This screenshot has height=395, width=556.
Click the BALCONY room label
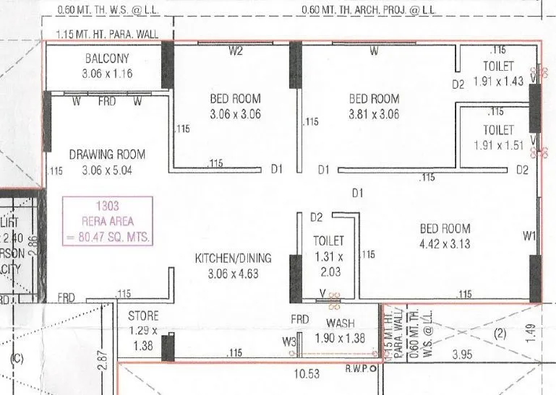106,59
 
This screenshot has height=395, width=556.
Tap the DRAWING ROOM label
107,154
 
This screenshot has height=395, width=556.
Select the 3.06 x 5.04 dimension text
107,170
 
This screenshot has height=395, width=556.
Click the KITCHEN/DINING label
233,259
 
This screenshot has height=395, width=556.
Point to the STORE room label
143,316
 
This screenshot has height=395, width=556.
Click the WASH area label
340,323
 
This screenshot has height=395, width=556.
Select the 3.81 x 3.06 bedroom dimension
374,114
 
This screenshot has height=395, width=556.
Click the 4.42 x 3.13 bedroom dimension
445,243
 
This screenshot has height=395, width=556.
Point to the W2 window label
235,51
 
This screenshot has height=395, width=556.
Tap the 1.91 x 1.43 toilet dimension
498,82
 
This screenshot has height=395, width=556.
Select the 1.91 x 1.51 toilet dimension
498,144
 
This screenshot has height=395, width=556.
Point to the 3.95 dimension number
460,355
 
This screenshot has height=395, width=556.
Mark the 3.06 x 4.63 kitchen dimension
233,274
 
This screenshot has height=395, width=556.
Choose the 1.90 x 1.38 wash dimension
341,338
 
